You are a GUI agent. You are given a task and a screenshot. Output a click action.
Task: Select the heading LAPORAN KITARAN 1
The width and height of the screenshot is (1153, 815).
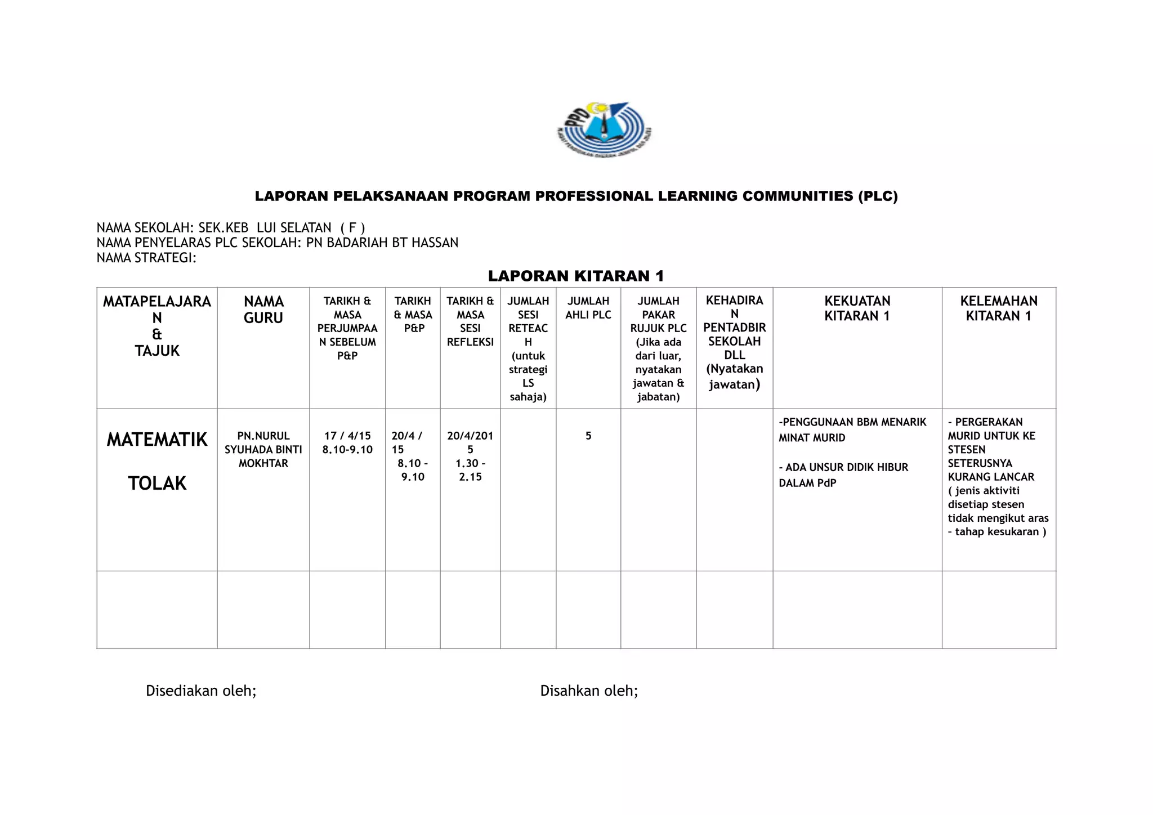pyautogui.click(x=576, y=276)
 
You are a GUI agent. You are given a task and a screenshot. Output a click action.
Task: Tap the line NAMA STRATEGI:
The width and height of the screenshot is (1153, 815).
pyautogui.click(x=146, y=258)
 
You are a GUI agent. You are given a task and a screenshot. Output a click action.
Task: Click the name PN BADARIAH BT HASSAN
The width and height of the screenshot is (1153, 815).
pyautogui.click(x=382, y=243)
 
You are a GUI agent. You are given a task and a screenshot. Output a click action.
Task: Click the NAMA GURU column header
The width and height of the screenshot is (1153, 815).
pyautogui.click(x=263, y=310)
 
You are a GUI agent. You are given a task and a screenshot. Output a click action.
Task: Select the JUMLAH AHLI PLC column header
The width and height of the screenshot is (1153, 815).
pyautogui.click(x=588, y=308)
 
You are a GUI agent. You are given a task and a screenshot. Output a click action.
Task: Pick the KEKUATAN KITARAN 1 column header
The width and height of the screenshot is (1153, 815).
pyautogui.click(x=857, y=308)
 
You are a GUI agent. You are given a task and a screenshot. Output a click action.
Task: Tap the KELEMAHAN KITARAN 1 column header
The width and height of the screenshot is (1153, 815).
pyautogui.click(x=999, y=308)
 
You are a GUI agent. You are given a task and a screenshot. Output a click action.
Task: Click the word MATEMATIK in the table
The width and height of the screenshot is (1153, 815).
pyautogui.click(x=157, y=440)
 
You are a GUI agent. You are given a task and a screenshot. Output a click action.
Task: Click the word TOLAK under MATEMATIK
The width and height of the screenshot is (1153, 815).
pyautogui.click(x=157, y=483)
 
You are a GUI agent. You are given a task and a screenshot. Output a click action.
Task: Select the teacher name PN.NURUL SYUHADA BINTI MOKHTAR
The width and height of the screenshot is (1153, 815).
pyautogui.click(x=263, y=449)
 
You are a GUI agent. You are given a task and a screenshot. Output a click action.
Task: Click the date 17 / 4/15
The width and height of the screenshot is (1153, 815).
pyautogui.click(x=347, y=436)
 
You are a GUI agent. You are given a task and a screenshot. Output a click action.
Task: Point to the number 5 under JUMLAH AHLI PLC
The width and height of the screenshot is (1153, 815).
pyautogui.click(x=588, y=436)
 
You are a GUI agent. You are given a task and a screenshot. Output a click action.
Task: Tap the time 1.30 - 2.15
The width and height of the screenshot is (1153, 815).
pyautogui.click(x=470, y=470)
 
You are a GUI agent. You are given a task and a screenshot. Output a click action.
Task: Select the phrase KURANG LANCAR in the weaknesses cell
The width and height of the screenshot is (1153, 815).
pyautogui.click(x=991, y=477)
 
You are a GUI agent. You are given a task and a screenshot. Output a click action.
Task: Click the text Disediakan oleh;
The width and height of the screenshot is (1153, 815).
pyautogui.click(x=201, y=691)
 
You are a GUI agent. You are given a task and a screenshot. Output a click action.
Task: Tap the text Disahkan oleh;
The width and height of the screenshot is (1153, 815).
pyautogui.click(x=589, y=691)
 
